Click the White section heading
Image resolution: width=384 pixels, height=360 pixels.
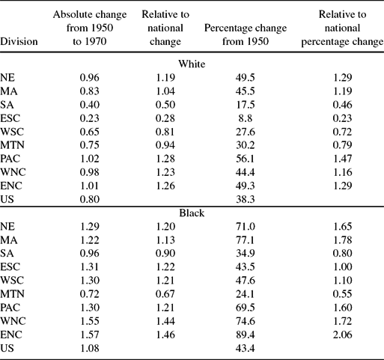coord(192,64)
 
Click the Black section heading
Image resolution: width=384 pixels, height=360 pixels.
coord(192,212)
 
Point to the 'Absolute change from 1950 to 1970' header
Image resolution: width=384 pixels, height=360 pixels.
coord(85,29)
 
